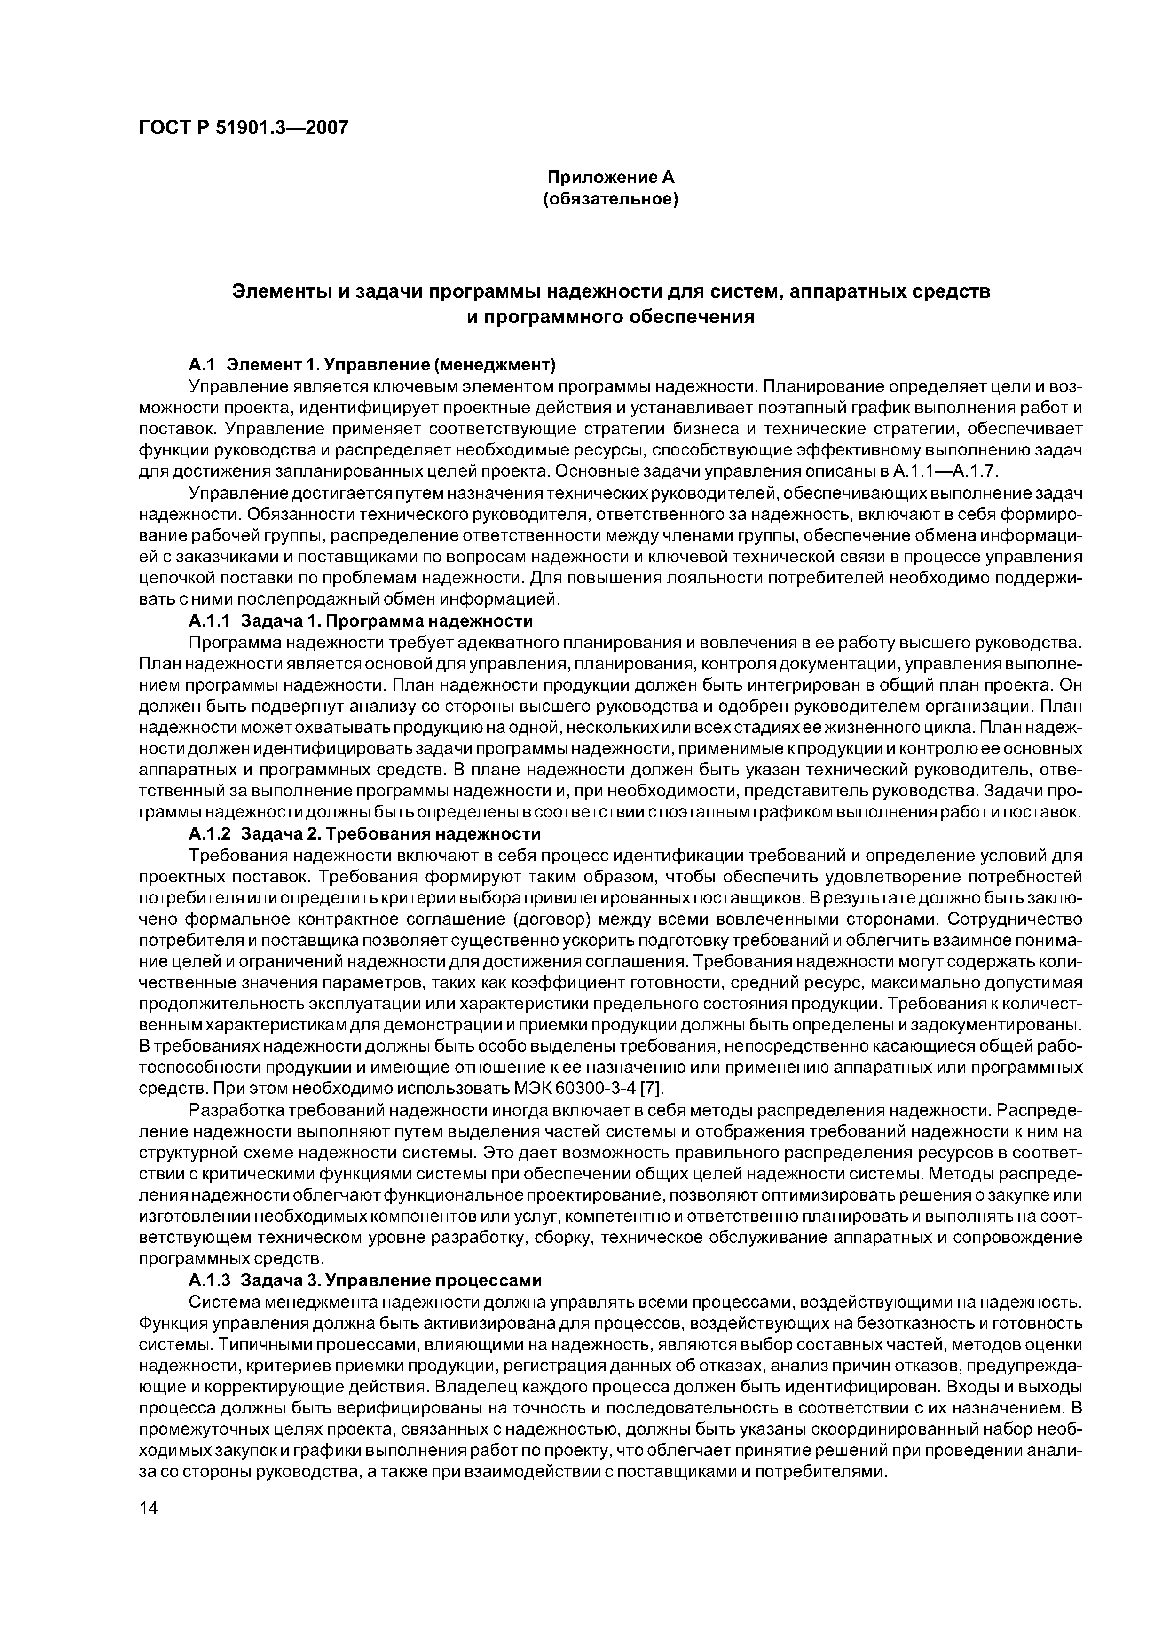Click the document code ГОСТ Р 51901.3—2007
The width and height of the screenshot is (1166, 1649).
pos(243,128)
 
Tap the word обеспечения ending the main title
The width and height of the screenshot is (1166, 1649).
pos(692,316)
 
